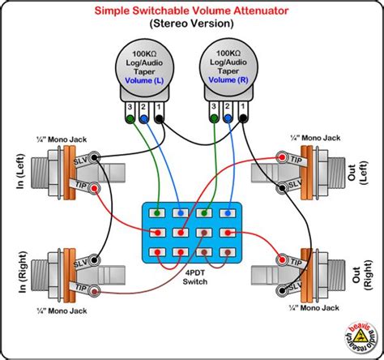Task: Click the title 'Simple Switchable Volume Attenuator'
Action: [x=191, y=11]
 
